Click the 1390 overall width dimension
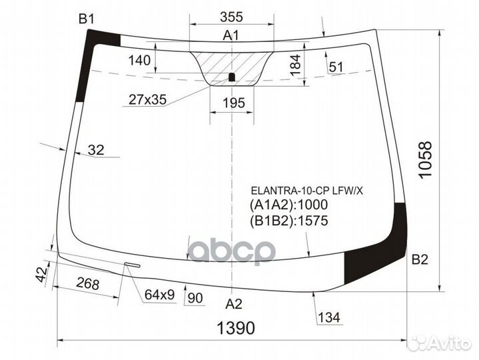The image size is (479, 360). (237, 328)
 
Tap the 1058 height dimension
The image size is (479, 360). (426, 159)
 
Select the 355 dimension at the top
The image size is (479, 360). (231, 17)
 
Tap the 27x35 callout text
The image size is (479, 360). (147, 100)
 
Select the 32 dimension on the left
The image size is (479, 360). (96, 151)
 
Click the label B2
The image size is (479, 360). (420, 260)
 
